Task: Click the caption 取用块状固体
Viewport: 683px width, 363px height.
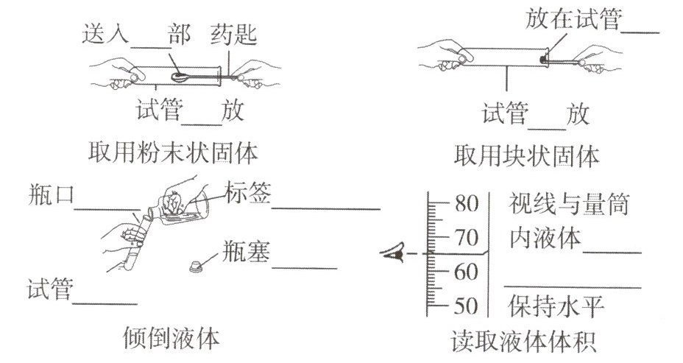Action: coord(526,155)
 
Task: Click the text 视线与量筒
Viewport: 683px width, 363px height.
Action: coord(569,204)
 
